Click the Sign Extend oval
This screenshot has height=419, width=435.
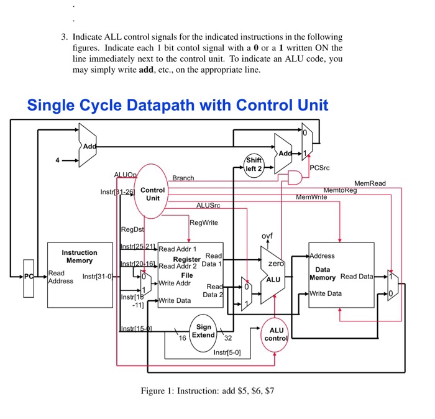click(203, 331)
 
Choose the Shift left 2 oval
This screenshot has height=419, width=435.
click(254, 165)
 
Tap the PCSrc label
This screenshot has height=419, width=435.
click(320, 168)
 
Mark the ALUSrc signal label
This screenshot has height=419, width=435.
click(208, 205)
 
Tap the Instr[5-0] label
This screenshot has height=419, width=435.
click(227, 352)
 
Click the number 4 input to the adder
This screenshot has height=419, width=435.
click(57, 160)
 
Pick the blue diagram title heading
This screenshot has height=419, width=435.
click(177, 104)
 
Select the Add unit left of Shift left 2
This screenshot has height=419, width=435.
click(89, 145)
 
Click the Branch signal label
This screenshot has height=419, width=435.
click(183, 178)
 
